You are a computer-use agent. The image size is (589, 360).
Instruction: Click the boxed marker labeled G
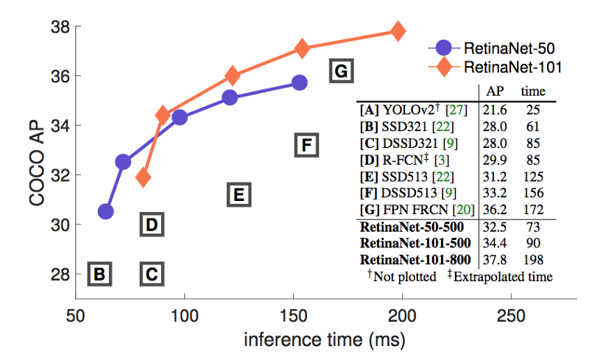tap(341, 71)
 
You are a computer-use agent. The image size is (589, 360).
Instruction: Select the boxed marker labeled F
tap(306, 144)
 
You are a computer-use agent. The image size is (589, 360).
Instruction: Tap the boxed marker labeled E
tap(238, 194)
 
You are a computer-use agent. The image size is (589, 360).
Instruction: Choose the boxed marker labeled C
tap(151, 274)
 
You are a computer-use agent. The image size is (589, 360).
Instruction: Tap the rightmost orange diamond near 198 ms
tap(398, 31)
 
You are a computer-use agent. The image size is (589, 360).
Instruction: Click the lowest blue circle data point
tap(105, 211)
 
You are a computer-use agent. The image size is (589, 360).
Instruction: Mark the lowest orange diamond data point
tap(144, 177)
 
